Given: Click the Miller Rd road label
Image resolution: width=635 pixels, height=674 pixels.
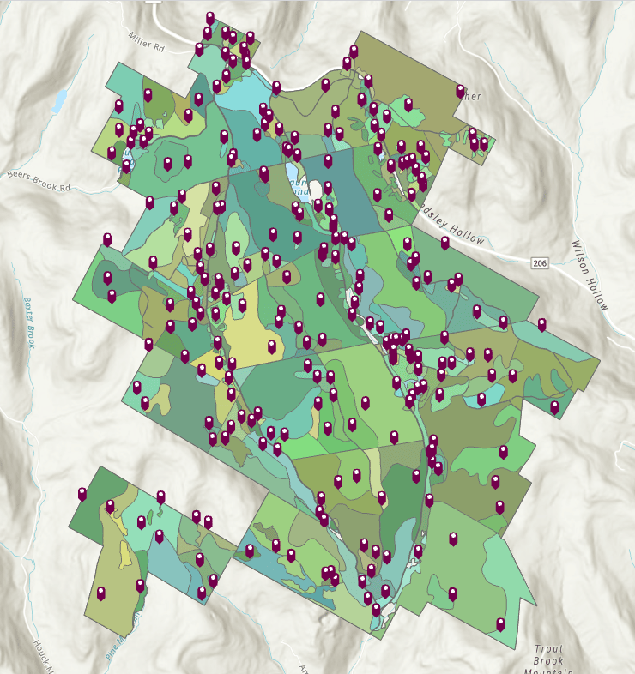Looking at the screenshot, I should (146, 40).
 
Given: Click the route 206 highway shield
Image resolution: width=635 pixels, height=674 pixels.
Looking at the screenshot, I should (539, 262).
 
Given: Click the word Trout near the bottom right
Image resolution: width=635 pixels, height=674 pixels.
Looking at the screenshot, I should (547, 650).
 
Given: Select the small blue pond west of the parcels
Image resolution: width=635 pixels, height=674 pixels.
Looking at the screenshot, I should (58, 102).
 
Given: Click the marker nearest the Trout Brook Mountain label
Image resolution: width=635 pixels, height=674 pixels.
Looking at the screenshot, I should (500, 624).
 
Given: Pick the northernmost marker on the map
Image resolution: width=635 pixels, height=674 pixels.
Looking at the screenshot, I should (209, 17).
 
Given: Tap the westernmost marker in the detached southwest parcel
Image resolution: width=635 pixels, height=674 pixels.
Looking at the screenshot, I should (82, 494).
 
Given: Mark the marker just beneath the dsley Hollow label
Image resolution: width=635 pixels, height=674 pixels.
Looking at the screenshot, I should (444, 243).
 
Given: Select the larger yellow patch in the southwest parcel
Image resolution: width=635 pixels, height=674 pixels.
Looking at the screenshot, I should (126, 558).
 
